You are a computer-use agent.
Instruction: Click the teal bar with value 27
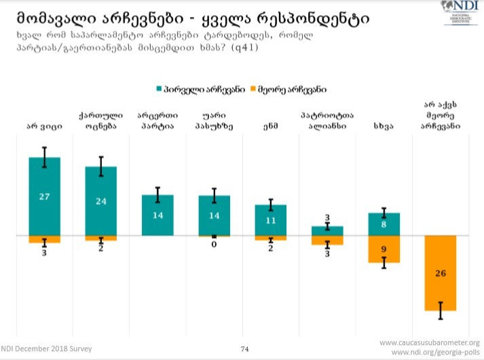[44, 196]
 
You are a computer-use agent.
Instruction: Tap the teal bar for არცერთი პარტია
[157, 215]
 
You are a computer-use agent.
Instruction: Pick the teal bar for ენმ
[271, 220]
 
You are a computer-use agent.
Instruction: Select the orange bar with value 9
[384, 249]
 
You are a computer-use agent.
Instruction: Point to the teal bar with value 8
[384, 224]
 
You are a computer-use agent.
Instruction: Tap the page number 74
[245, 349]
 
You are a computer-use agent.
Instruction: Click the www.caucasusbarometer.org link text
[429, 342]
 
